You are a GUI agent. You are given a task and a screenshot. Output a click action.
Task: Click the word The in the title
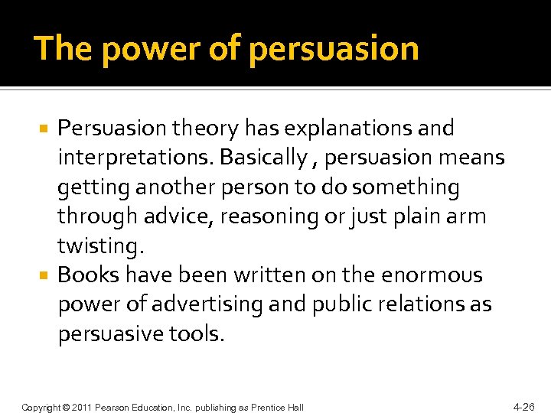pos(64,49)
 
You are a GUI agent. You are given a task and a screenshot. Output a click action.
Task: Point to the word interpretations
pos(135,158)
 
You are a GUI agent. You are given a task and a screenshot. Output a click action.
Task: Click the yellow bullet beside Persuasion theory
pos(45,128)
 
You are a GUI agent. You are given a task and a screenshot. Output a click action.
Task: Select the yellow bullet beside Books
pos(45,275)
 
